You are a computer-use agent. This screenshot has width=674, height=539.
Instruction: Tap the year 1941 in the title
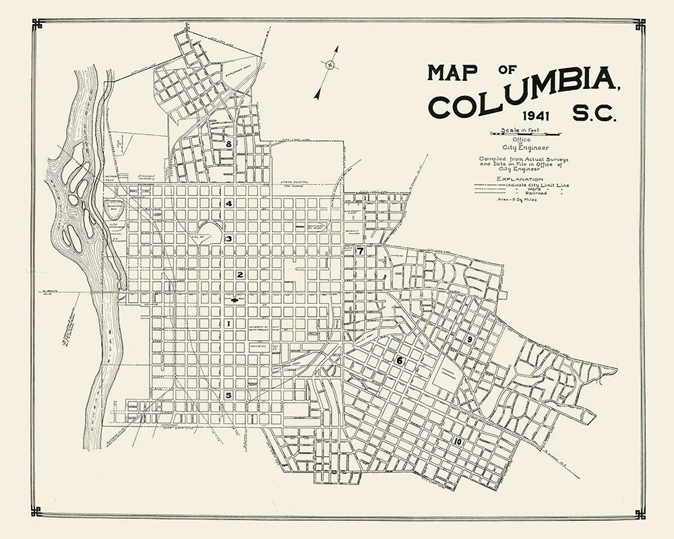529,116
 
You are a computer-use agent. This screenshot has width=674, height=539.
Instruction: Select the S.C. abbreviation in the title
594,115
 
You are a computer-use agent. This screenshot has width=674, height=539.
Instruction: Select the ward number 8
229,144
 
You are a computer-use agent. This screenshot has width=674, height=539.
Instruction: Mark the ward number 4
229,203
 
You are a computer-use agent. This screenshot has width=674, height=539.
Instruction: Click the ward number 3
229,239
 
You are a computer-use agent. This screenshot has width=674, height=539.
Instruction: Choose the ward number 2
239,275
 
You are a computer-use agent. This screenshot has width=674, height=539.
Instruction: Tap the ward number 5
229,395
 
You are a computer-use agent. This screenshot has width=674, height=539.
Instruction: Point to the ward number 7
361,251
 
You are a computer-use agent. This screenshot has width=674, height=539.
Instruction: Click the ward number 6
399,360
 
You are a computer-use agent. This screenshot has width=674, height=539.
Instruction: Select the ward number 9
470,339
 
